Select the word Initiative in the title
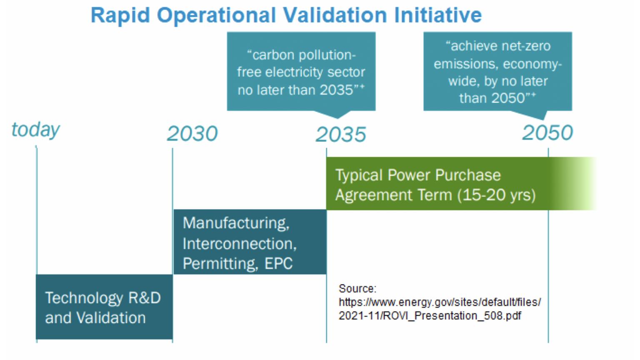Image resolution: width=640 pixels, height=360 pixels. click(438, 15)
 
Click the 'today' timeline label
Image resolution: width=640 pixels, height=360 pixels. click(36, 130)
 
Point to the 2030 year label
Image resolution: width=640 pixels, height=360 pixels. click(192, 134)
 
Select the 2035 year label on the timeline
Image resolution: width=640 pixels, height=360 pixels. click(341, 134)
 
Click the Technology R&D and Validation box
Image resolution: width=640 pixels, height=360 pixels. click(104, 307)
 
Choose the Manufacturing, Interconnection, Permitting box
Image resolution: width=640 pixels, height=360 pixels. click(250, 242)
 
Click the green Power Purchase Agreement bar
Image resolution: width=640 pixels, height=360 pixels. click(461, 183)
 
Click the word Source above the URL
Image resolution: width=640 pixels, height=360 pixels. click(357, 289)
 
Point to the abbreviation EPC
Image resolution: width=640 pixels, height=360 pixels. click(279, 263)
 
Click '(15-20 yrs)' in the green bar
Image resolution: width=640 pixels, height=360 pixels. click(497, 195)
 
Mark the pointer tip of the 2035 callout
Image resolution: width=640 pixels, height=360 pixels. click(338, 118)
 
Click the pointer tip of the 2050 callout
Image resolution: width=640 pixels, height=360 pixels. click(543, 120)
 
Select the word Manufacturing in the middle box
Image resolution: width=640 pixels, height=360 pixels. click(236, 223)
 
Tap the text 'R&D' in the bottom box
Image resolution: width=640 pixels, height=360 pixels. click(145, 298)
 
